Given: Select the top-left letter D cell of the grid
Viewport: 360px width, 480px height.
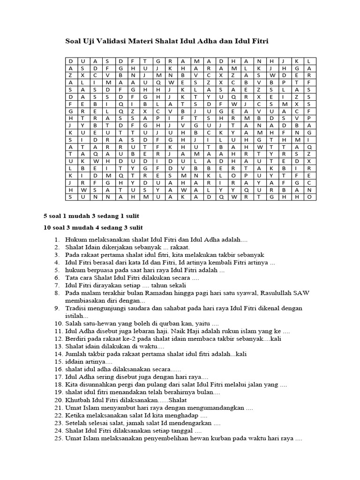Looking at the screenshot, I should (x=70, y=61).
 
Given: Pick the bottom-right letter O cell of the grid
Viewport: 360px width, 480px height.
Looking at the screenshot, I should (x=309, y=197).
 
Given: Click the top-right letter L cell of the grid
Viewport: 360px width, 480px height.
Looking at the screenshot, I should (x=309, y=61).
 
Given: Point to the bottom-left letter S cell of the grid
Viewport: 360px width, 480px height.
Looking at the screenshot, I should (x=70, y=197).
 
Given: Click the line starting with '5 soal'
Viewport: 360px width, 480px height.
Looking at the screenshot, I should (x=91, y=216).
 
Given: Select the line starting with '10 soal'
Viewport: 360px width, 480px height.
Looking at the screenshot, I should (x=93, y=227).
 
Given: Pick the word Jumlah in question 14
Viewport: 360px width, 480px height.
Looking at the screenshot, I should (x=76, y=354).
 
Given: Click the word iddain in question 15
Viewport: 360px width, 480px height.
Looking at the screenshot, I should (x=75, y=362).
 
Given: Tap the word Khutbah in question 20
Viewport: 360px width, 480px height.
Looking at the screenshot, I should (x=79, y=400).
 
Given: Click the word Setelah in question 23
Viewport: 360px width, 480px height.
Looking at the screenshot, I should (x=77, y=423).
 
